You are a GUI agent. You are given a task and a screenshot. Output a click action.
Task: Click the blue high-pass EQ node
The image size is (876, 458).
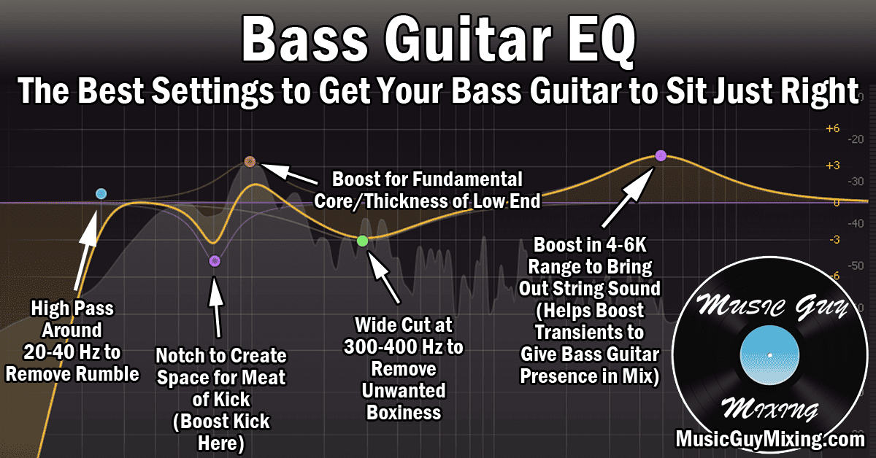click(101, 193)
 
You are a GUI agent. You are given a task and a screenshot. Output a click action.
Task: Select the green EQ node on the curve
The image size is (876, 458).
click(362, 241)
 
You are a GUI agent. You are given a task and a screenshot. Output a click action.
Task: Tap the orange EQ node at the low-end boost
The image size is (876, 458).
click(250, 161)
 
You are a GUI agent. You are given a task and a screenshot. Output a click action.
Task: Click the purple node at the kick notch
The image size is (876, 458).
click(214, 260)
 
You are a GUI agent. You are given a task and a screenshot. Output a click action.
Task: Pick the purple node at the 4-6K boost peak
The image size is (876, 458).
click(661, 155)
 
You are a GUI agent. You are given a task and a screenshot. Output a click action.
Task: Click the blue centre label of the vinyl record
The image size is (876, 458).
click(769, 355)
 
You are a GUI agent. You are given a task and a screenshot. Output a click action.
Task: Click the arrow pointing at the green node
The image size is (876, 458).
click(385, 277)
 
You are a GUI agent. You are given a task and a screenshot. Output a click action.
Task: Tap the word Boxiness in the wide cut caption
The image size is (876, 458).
click(403, 412)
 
